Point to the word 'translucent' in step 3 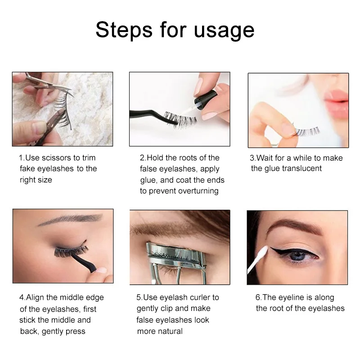[302, 169]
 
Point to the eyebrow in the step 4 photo [63, 220]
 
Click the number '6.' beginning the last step [258, 297]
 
